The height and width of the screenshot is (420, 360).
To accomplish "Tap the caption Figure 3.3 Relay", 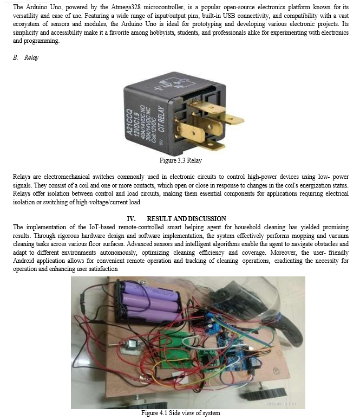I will pos(180,160).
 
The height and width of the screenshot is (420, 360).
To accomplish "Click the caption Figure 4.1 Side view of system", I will pos(180,413).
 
